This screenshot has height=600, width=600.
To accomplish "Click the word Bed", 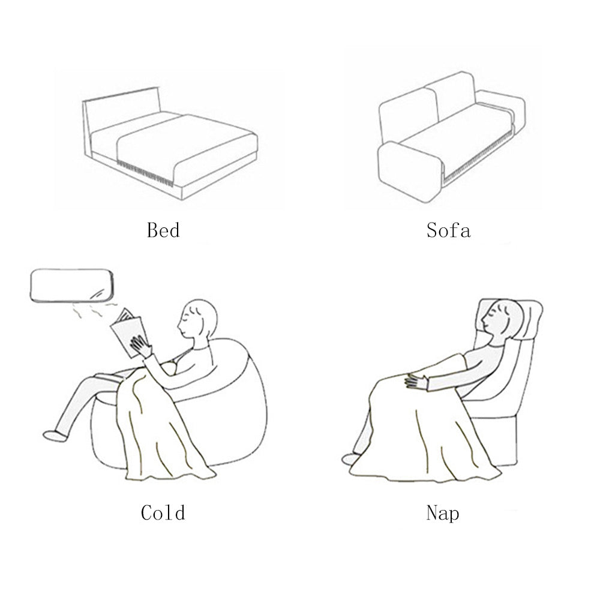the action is pyautogui.click(x=163, y=230).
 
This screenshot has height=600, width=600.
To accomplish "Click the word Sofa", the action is pyautogui.click(x=448, y=230).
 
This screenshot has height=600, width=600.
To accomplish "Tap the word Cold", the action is pyautogui.click(x=163, y=513).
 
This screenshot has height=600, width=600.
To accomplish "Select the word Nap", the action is pyautogui.click(x=443, y=513).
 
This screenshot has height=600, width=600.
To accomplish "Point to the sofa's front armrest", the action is pyautogui.click(x=410, y=171).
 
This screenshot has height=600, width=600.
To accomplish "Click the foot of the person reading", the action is pyautogui.click(x=55, y=436).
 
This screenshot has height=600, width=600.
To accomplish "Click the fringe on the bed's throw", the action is pyautogui.click(x=145, y=173).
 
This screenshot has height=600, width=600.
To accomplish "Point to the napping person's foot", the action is pyautogui.click(x=351, y=459).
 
